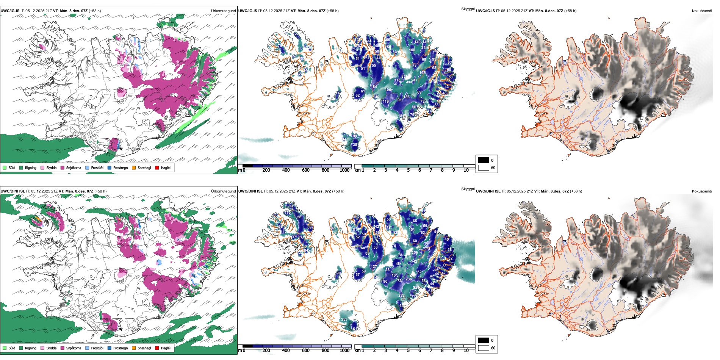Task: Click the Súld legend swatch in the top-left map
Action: pyautogui.click(x=5, y=167)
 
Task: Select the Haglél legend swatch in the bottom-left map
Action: pyautogui.click(x=157, y=348)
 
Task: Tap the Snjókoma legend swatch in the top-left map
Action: pyautogui.click(x=63, y=167)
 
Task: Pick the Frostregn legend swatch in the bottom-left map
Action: pyautogui.click(x=110, y=348)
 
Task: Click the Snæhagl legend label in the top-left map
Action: pyautogui.click(x=144, y=167)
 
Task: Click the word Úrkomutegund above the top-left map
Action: pyautogui.click(x=223, y=11)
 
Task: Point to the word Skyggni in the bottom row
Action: pyautogui.click(x=468, y=189)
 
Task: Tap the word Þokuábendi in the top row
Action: pyautogui.click(x=702, y=11)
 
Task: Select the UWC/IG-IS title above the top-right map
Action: pyautogui.click(x=485, y=11)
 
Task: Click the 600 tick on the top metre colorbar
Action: pyautogui.click(x=305, y=170)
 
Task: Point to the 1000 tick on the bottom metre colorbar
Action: pyautogui.click(x=344, y=351)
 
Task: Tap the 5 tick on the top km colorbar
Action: pyautogui.click(x=408, y=170)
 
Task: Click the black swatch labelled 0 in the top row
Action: pyautogui.click(x=484, y=160)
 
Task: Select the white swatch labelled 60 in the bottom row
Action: pyautogui.click(x=484, y=348)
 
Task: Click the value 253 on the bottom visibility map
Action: pyautogui.click(x=344, y=319)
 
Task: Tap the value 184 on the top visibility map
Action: pyautogui.click(x=374, y=87)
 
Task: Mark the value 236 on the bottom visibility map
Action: pyautogui.click(x=409, y=279)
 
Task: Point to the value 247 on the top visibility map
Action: pyautogui.click(x=414, y=80)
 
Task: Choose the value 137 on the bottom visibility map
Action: pyautogui.click(x=374, y=267)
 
